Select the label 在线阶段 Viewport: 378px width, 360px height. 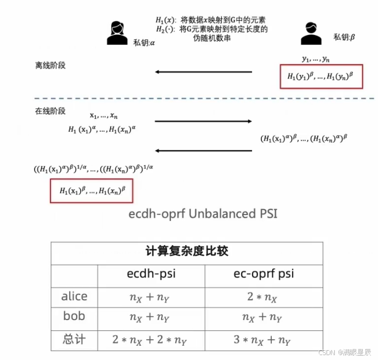click(x=50, y=111)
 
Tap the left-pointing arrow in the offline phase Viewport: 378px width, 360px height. click(x=203, y=72)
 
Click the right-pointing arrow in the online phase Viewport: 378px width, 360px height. click(x=203, y=121)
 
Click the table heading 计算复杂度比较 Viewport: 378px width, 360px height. click(x=187, y=252)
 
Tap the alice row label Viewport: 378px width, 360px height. click(x=74, y=297)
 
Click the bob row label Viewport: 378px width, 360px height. click(x=74, y=316)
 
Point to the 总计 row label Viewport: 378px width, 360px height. click(x=74, y=339)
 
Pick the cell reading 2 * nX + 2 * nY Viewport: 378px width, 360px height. click(x=151, y=340)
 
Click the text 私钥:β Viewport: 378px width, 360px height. click(x=345, y=37)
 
